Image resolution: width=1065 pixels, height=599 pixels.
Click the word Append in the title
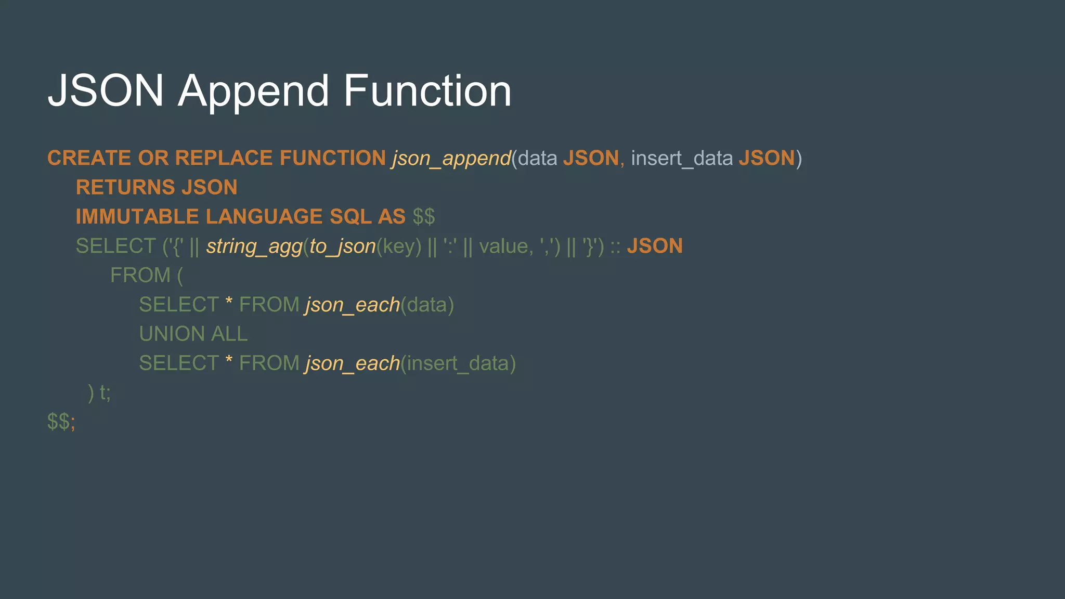[x=253, y=92]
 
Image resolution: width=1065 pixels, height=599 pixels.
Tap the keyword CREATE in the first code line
[x=89, y=158]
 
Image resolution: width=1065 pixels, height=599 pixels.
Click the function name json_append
[x=451, y=158]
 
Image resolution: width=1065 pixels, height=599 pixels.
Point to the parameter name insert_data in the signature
[x=682, y=158]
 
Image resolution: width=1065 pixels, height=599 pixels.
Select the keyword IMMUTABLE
[x=137, y=217]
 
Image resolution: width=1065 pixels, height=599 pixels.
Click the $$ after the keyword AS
[x=423, y=217]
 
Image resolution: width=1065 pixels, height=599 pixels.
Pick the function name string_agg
[x=254, y=246]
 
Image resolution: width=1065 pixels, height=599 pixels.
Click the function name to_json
[x=342, y=246]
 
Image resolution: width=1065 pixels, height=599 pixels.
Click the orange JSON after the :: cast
[x=654, y=246]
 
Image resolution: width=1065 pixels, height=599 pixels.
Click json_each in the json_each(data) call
[x=353, y=305]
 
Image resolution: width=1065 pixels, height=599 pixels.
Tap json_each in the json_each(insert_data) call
[x=353, y=363]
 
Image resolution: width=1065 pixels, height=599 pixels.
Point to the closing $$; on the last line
[x=61, y=422]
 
